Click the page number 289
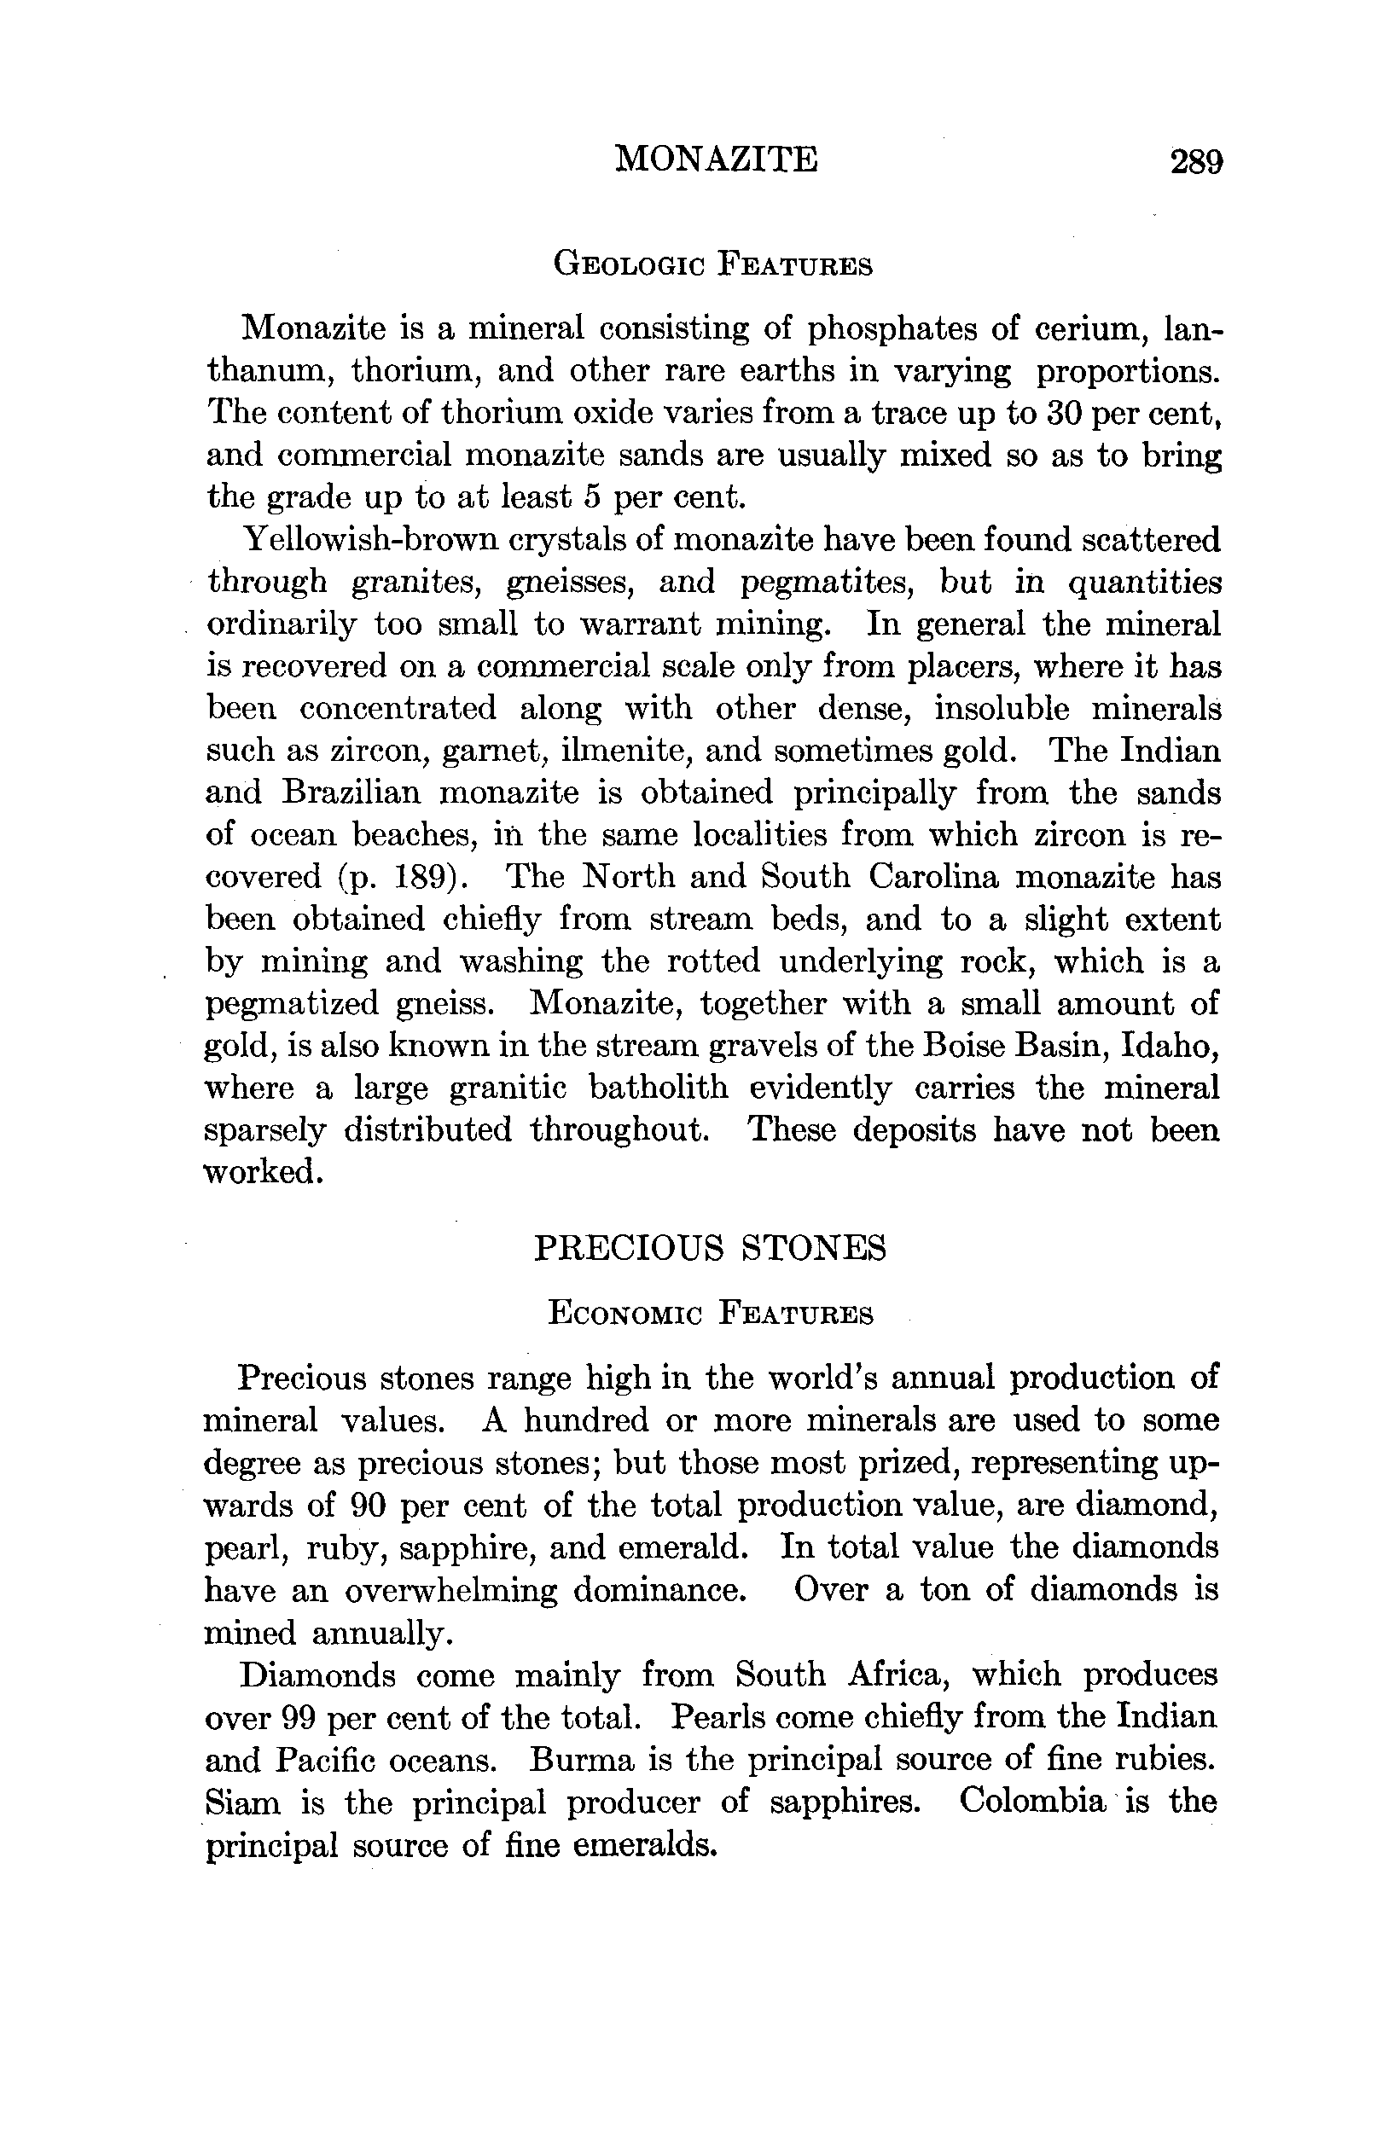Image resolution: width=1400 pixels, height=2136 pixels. coord(1195,162)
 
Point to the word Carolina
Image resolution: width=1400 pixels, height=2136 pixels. coord(932,877)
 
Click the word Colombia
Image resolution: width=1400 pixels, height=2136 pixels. coord(1032,1802)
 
